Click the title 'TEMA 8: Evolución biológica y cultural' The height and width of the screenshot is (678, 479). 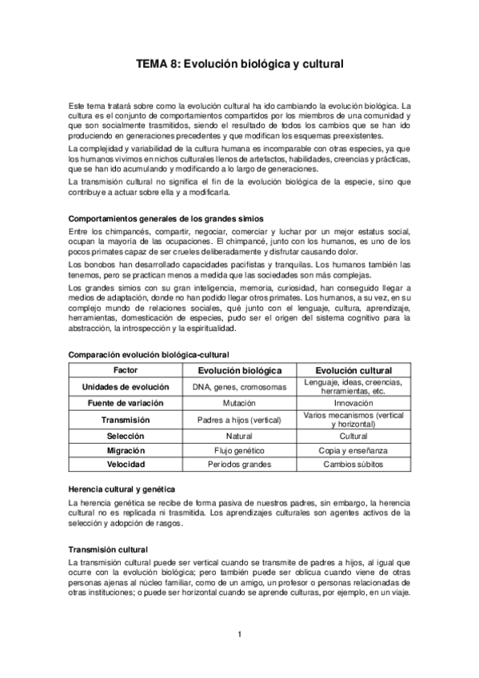239,70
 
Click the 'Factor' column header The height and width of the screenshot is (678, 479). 126,371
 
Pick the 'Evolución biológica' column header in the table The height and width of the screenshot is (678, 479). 239,371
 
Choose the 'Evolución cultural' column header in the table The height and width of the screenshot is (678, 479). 353,371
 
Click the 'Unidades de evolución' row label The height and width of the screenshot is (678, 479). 126,387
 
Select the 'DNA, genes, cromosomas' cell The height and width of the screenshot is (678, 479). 239,387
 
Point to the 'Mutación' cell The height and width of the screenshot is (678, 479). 239,404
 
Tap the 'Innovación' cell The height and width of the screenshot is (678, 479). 353,404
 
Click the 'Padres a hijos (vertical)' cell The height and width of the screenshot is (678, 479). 239,420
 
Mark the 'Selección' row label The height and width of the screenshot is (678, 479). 126,437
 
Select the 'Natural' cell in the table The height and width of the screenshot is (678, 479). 239,437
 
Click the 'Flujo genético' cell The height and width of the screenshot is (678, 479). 239,450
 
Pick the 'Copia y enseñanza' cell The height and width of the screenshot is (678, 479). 353,450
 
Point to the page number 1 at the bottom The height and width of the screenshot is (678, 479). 239,635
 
